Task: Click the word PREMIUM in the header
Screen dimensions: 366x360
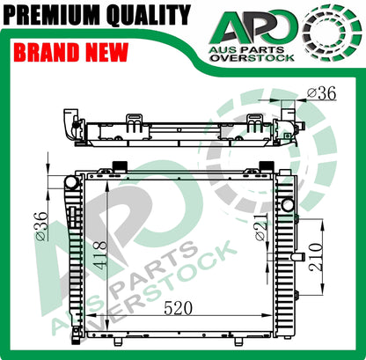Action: coord(53,15)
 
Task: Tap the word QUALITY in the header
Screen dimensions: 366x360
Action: coord(149,15)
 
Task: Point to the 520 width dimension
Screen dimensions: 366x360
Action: coord(179,308)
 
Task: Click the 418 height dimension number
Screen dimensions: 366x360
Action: coord(100,254)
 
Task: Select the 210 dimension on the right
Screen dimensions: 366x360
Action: coord(315,257)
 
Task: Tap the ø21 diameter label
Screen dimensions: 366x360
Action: coord(261,227)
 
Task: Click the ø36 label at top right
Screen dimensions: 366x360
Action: coord(321,93)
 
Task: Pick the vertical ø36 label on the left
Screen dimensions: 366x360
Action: coord(41,226)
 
